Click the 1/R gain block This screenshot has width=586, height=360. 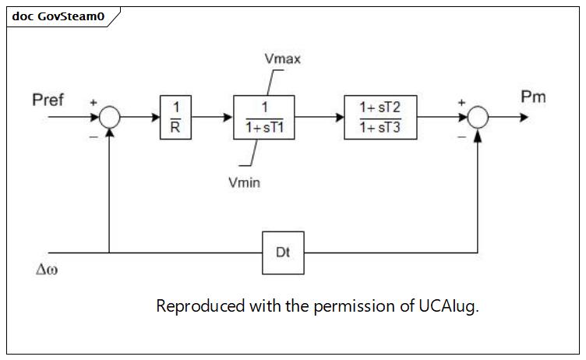pyautogui.click(x=175, y=118)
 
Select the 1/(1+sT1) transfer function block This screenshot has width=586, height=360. pyautogui.click(x=264, y=118)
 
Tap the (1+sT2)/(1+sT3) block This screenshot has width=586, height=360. pyautogui.click(x=380, y=118)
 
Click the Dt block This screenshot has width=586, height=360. pyautogui.click(x=283, y=253)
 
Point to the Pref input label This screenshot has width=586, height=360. pyautogui.click(x=48, y=100)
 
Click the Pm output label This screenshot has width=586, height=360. pyautogui.click(x=533, y=97)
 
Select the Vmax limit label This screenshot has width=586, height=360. pyautogui.click(x=283, y=58)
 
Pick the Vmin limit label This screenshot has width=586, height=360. pyautogui.click(x=245, y=182)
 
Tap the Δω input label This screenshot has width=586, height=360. pyautogui.click(x=47, y=269)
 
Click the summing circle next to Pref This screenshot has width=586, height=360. pyautogui.click(x=110, y=118)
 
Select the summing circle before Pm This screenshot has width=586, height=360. pyautogui.click(x=478, y=118)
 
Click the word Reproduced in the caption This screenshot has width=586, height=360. pyautogui.click(x=200, y=306)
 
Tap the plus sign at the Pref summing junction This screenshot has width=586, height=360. pyautogui.click(x=94, y=102)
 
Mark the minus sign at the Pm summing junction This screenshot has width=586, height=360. pyautogui.click(x=462, y=137)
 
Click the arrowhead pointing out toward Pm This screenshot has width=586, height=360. pyautogui.click(x=524, y=118)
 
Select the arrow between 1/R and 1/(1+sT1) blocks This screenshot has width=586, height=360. pyautogui.click(x=212, y=118)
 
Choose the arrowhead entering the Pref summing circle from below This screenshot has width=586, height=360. pyautogui.click(x=110, y=132)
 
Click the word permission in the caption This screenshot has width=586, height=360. pyautogui.click(x=355, y=306)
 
